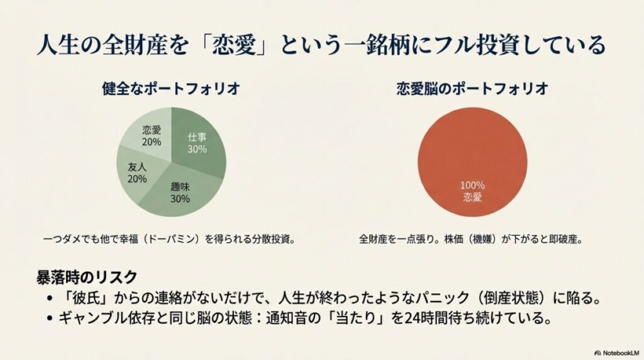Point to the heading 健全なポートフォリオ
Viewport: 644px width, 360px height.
pos(170,89)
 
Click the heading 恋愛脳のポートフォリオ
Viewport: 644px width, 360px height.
pos(472,89)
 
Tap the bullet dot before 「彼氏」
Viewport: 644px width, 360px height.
pos(50,297)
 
